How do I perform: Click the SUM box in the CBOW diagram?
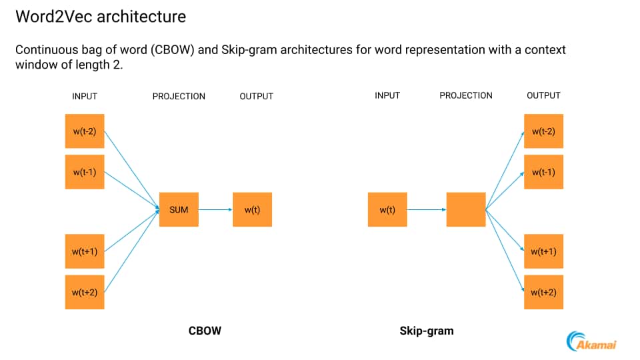click(x=179, y=209)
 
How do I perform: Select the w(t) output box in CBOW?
click(x=252, y=209)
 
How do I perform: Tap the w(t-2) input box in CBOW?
click(x=85, y=131)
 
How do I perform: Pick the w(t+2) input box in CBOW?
click(x=85, y=291)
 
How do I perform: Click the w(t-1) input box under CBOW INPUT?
click(x=85, y=171)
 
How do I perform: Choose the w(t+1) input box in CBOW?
click(x=85, y=251)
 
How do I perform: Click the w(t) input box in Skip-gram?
click(x=387, y=209)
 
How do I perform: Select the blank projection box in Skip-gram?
click(x=466, y=209)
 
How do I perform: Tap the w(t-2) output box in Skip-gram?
click(x=543, y=131)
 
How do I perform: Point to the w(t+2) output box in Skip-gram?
click(x=543, y=291)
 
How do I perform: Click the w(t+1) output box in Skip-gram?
click(x=543, y=251)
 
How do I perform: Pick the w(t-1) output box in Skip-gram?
click(x=543, y=171)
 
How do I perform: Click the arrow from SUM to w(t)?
click(x=215, y=209)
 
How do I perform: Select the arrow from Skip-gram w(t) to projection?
click(x=427, y=209)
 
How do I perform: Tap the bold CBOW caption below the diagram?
click(x=205, y=330)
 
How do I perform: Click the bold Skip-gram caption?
click(x=427, y=330)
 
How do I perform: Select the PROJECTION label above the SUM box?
click(x=179, y=96)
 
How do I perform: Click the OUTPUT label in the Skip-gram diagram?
click(x=543, y=95)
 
